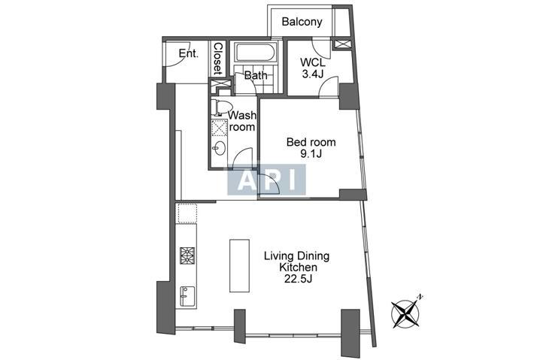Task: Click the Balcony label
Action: pos(302,22)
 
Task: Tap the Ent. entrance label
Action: pos(188,53)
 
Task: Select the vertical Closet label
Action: pos(217,59)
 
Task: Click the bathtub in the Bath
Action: pos(256,53)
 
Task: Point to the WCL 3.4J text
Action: pos(312,68)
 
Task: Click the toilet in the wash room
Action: pos(218,107)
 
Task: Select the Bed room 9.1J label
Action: pos(311,147)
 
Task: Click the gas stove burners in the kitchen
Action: pos(187,256)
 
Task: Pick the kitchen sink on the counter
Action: pos(187,297)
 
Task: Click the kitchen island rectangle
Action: pos(239,265)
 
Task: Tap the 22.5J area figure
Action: pos(299,280)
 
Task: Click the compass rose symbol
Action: pos(405,313)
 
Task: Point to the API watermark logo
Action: pos(266,180)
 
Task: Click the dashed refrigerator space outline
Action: pos(187,213)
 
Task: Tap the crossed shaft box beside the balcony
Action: pos(341,44)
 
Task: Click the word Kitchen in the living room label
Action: pos(298,268)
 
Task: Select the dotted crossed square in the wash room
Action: pos(219,129)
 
